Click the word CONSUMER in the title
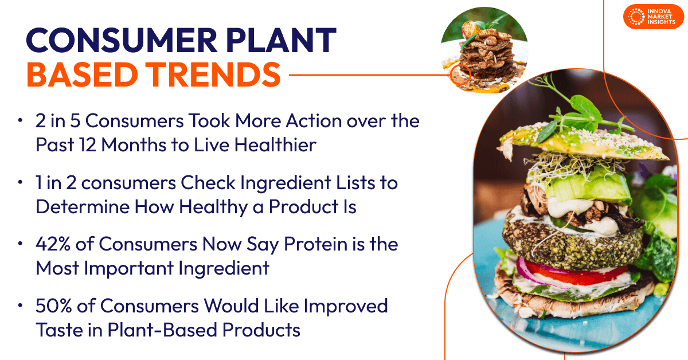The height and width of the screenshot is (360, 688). coord(122,40)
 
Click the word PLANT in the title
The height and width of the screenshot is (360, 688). coord(281,40)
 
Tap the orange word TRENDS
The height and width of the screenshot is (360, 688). coord(213,75)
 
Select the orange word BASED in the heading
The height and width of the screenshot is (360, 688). coord(82,75)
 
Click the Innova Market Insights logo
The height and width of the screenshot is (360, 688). coord(654,17)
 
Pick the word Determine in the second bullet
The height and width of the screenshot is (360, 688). coord(83,207)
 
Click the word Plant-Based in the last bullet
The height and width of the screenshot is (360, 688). coord(162,330)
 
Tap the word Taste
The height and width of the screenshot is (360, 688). coord(59,330)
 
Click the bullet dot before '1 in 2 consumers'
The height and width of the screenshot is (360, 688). coord(20,182)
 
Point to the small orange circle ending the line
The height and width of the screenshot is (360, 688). coord(460,75)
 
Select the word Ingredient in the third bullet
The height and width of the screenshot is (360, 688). coord(224,268)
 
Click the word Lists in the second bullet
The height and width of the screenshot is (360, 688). coord(355,183)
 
